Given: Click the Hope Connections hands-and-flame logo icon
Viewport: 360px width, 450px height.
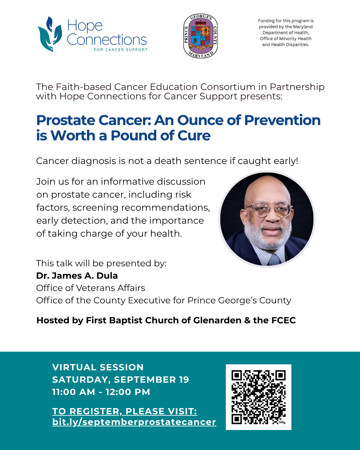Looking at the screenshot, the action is pyautogui.click(x=50, y=34).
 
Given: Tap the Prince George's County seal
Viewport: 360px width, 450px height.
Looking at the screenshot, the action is pyautogui.click(x=200, y=36).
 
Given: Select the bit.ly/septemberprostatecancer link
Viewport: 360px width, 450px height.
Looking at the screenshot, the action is pyautogui.click(x=134, y=422).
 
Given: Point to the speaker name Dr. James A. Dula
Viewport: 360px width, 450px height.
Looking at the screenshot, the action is pyautogui.click(x=77, y=276).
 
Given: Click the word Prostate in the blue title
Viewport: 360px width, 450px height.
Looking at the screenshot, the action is pyautogui.click(x=65, y=120).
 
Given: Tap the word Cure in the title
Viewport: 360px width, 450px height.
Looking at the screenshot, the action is pyautogui.click(x=194, y=136).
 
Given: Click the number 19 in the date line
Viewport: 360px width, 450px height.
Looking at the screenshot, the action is pyautogui.click(x=184, y=380).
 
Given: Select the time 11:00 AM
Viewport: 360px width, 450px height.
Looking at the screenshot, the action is pyautogui.click(x=74, y=392).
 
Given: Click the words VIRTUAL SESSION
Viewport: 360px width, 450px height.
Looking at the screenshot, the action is pyautogui.click(x=98, y=367).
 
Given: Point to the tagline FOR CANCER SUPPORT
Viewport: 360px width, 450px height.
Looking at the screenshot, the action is pyautogui.click(x=121, y=50).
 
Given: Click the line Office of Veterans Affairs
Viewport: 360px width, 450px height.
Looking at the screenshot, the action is pyautogui.click(x=91, y=288).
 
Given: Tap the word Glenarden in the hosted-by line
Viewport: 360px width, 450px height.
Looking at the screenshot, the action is pyautogui.click(x=217, y=320).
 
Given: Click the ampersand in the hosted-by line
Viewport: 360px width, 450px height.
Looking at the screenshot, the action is pyautogui.click(x=247, y=320).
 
